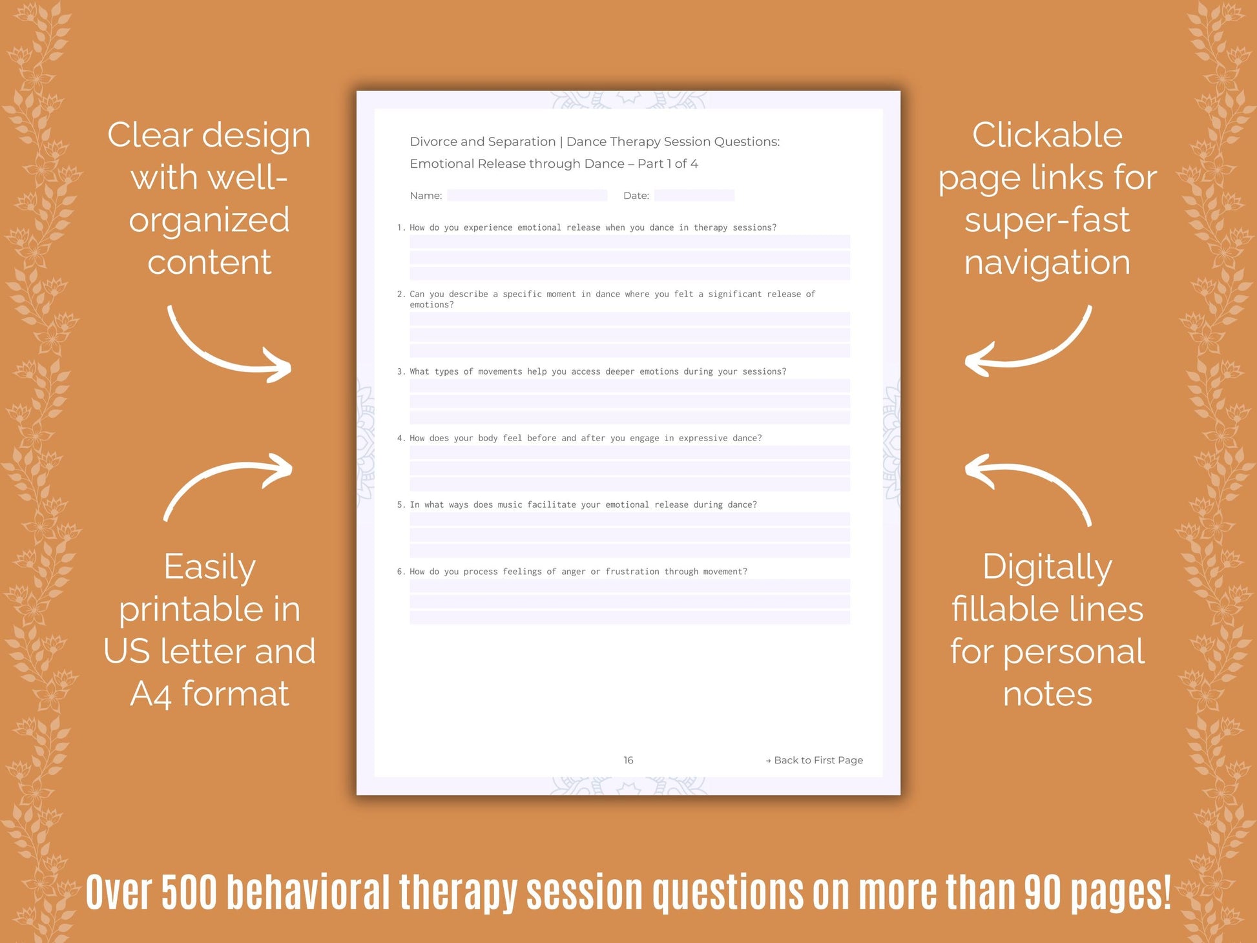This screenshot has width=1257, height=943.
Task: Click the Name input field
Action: tap(526, 195)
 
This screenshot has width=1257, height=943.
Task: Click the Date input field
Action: tap(694, 195)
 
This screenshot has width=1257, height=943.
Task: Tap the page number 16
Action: tap(628, 760)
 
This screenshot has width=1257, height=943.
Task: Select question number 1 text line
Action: tap(592, 227)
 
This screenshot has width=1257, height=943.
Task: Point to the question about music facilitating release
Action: tap(583, 504)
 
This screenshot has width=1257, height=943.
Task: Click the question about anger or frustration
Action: tap(578, 572)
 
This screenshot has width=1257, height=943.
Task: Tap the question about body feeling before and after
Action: tap(585, 438)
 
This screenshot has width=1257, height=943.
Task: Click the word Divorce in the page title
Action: tap(433, 141)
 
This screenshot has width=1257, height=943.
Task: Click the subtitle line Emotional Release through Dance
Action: tap(554, 163)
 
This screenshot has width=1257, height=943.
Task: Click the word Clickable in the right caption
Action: tap(1047, 136)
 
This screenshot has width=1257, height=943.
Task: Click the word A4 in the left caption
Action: tap(151, 695)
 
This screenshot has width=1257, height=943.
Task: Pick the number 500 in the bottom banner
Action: tap(190, 893)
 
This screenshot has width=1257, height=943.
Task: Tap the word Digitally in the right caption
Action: tap(1047, 568)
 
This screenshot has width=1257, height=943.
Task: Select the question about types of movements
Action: tap(597, 371)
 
